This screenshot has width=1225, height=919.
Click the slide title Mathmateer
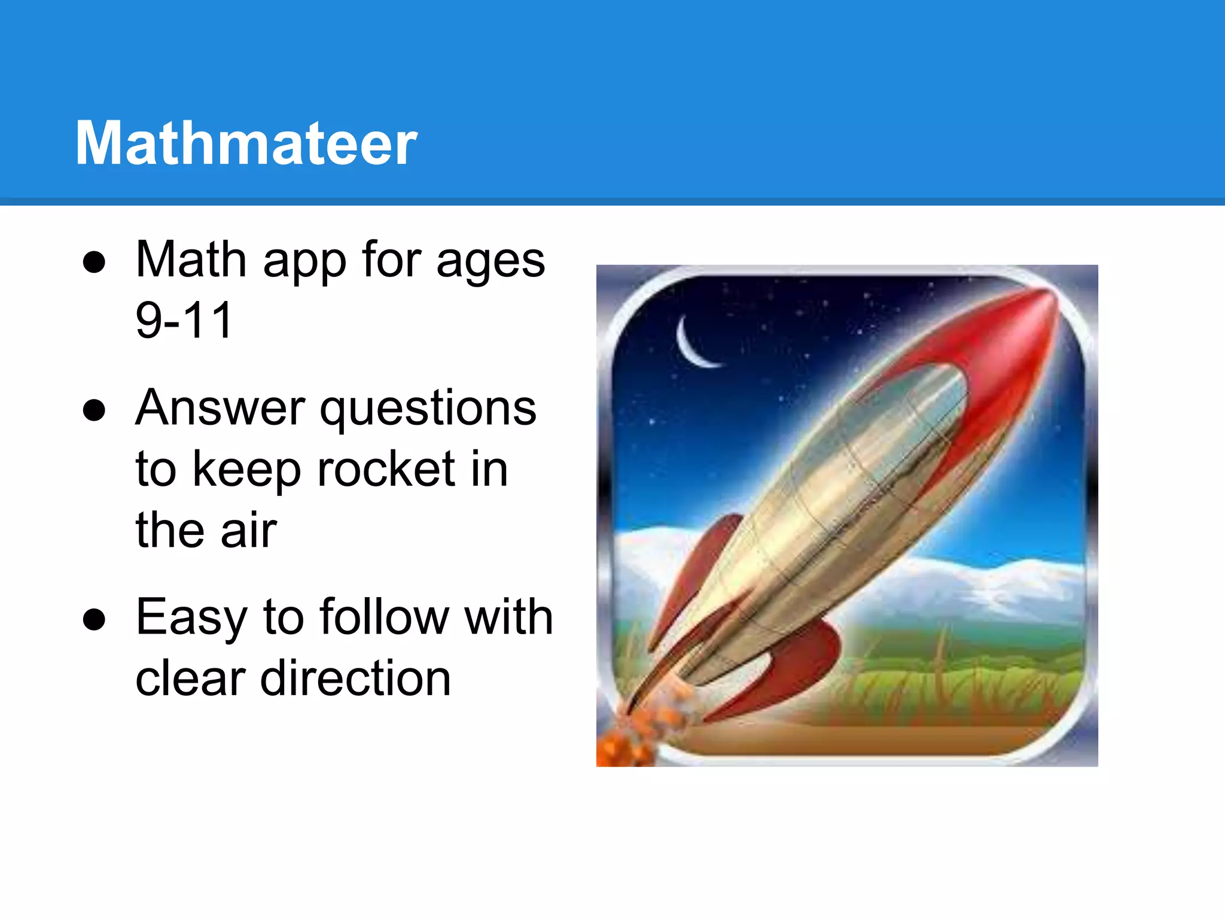point(246,143)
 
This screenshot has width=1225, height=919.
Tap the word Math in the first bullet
point(191,260)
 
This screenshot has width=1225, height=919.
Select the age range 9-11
point(184,320)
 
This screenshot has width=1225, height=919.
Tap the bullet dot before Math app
point(95,262)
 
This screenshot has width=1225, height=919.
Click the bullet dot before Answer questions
point(95,410)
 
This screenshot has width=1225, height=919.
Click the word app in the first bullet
point(304,262)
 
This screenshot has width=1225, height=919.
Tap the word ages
point(490,262)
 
